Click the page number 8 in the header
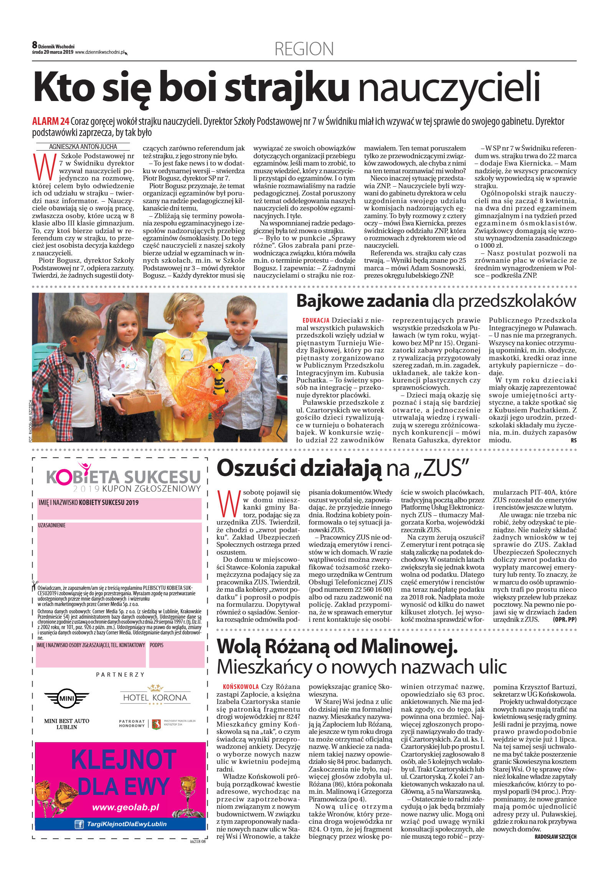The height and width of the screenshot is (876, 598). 35,45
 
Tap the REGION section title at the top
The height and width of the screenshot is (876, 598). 304,49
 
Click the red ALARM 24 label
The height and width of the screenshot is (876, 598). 50,121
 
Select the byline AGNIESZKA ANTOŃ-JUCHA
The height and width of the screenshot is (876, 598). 83,147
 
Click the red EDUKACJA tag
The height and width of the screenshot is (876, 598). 316,320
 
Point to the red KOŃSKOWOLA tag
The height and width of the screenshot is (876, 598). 241,686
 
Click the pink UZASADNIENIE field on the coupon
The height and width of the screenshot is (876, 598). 119,552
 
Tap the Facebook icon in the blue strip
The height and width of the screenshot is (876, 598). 79,824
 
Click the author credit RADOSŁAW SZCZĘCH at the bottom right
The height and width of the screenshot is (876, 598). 555,836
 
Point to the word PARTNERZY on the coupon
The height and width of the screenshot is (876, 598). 120,674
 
